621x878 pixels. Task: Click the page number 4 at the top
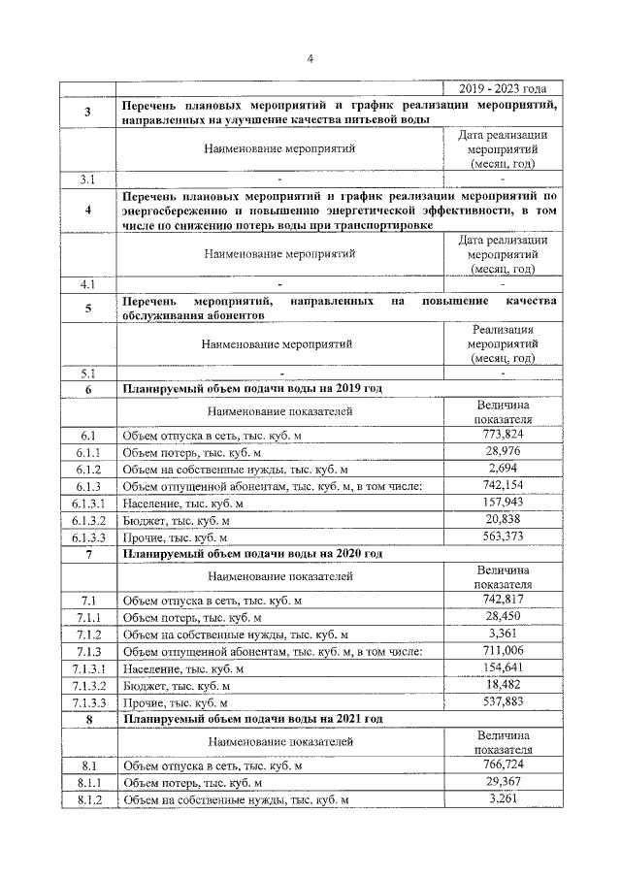pos(310,58)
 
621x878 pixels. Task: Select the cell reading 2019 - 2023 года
pos(502,88)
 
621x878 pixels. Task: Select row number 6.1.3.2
pos(88,521)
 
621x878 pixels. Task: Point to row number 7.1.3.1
pos(88,668)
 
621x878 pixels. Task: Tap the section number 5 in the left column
pos(88,309)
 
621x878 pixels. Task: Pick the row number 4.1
pos(88,284)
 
